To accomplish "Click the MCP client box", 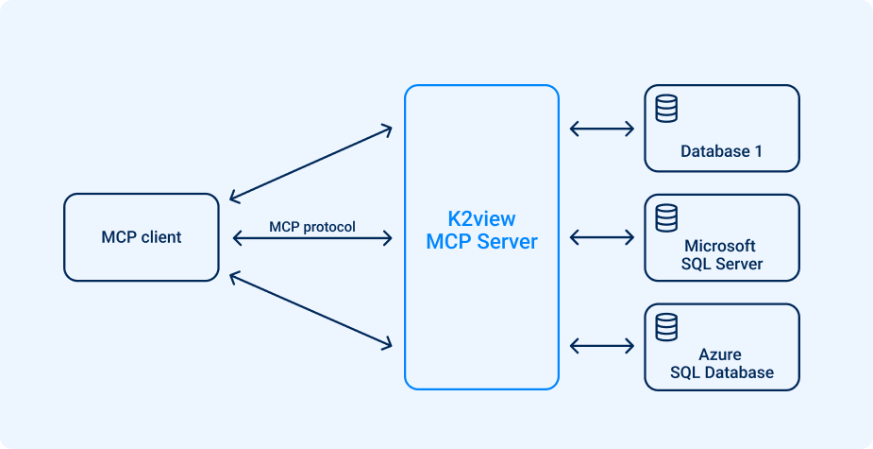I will pyautogui.click(x=142, y=237).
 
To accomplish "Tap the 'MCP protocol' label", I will pyautogui.click(x=312, y=227).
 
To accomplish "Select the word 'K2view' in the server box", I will pyautogui.click(x=481, y=219).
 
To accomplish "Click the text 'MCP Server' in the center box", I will pyautogui.click(x=481, y=242).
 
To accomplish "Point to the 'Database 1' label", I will pyautogui.click(x=721, y=151).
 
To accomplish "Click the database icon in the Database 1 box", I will pyautogui.click(x=666, y=109).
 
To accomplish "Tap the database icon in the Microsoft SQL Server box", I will pyautogui.click(x=666, y=217).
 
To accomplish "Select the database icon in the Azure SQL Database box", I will pyautogui.click(x=666, y=326).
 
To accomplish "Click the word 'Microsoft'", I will pyautogui.click(x=721, y=247).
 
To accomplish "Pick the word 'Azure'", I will pyautogui.click(x=720, y=355).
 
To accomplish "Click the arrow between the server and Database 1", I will pyautogui.click(x=602, y=129).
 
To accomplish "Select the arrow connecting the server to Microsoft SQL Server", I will pyautogui.click(x=602, y=237).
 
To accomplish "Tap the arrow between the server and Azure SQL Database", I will pyautogui.click(x=602, y=346).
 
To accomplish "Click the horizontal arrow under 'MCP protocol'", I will pyautogui.click(x=311, y=239).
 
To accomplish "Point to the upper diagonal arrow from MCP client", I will pyautogui.click(x=311, y=163).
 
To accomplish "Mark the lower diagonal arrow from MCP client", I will pyautogui.click(x=311, y=311).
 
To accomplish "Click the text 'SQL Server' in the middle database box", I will pyautogui.click(x=721, y=264).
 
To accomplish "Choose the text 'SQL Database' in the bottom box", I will pyautogui.click(x=721, y=372).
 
